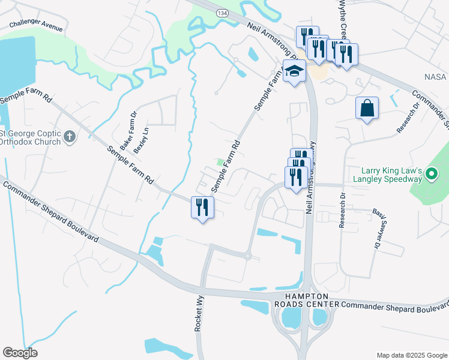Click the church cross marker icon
pos(70,137)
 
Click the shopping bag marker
pos(367,109)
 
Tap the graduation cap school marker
pos(294,72)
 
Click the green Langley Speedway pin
pos(431,175)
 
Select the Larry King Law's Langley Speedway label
pos(393,175)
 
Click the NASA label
pos(435,77)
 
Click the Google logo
pos(20,353)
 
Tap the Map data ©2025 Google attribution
pos(412,355)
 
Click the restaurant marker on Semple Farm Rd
pos(202,208)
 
